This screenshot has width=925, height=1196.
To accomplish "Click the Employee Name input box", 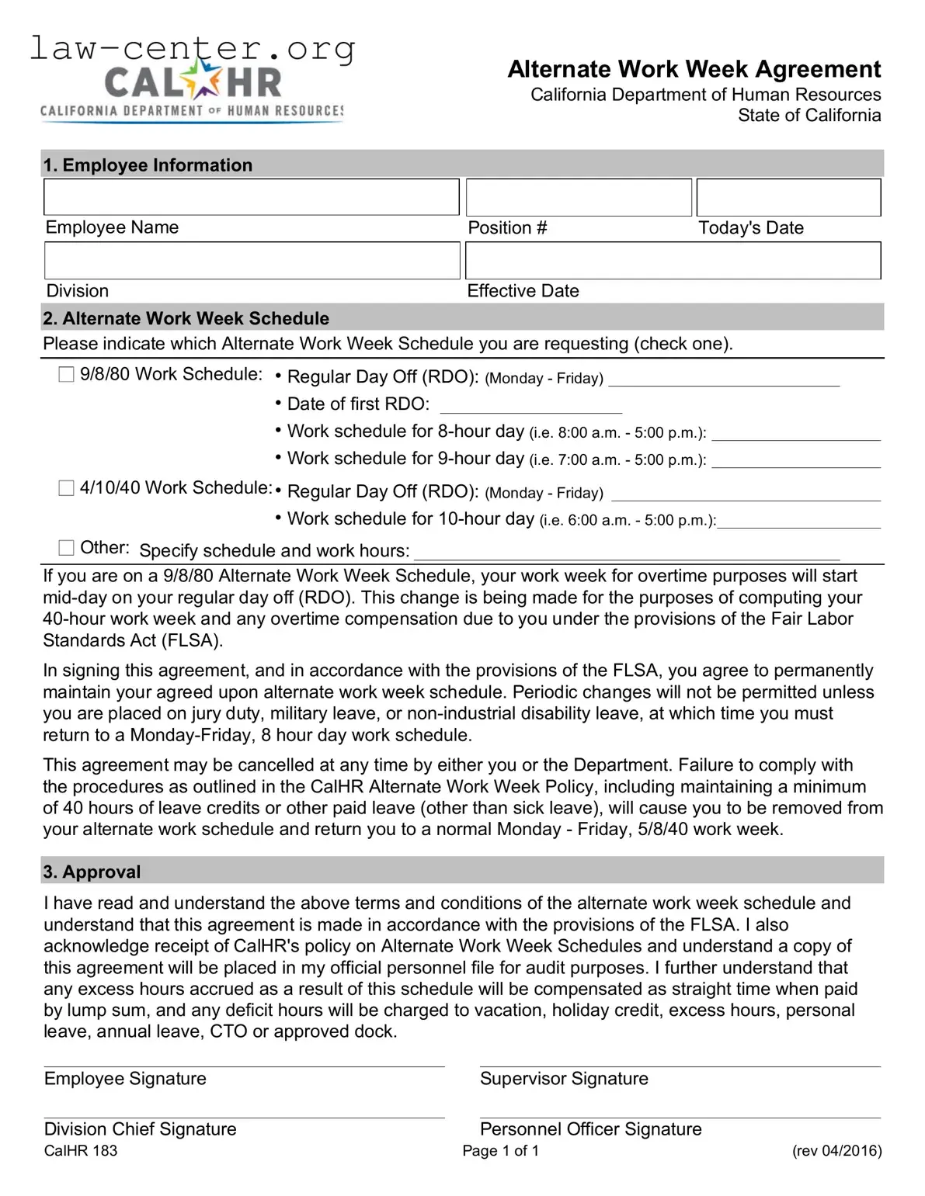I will [251, 197].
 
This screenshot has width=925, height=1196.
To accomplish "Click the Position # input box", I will [579, 197].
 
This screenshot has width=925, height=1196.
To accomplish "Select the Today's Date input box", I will [788, 197].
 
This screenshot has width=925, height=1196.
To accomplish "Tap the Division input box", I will [252, 260].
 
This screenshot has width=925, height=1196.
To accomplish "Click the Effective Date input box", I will [673, 260].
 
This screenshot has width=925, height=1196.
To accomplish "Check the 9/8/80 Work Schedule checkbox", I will [67, 375].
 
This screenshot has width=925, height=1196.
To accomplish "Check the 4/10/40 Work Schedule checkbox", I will [67, 488].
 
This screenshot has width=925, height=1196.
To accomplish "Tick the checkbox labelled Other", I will [67, 548].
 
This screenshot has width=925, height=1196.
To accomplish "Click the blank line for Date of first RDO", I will [530, 406].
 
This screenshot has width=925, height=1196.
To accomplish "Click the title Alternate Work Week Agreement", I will [694, 69].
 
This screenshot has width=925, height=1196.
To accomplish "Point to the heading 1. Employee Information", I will [148, 165].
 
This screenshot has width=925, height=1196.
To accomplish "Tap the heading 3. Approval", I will [92, 872].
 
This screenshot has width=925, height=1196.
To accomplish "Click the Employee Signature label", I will [125, 1079].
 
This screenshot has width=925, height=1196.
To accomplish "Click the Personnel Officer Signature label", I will [590, 1129].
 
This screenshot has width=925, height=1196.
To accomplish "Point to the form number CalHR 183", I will [81, 1151].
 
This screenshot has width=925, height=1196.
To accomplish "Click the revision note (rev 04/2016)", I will [836, 1151].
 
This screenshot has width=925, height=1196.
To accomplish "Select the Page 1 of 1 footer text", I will [500, 1151].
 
